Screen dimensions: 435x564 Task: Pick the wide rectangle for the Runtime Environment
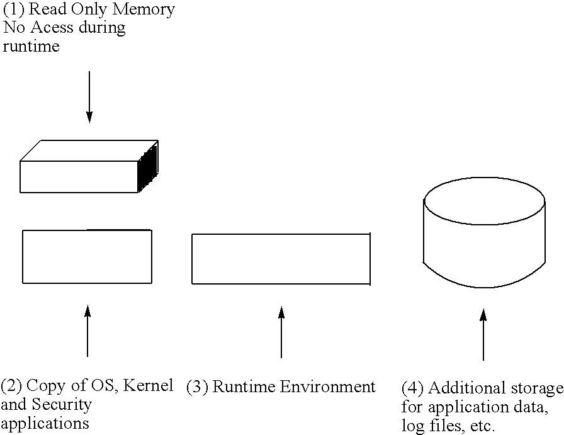click(x=281, y=259)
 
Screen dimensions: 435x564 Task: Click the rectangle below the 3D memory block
click(x=87, y=256)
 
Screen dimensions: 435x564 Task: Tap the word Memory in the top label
click(x=144, y=10)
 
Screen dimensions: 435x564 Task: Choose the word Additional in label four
click(x=462, y=388)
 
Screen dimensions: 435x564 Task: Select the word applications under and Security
click(x=45, y=422)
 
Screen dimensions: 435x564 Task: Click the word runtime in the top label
click(x=31, y=46)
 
